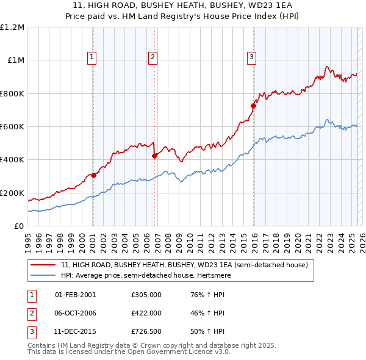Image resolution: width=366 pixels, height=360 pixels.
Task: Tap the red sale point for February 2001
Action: [x=93, y=176]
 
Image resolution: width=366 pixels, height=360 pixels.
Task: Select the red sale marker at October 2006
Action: [x=155, y=156]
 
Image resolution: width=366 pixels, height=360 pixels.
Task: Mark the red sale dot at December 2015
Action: [x=253, y=106]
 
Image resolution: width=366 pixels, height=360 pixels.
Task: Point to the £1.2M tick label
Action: [x=13, y=27]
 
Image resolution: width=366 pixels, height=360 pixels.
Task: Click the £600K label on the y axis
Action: [x=12, y=127]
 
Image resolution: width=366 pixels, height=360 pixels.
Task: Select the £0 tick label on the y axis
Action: [x=19, y=226]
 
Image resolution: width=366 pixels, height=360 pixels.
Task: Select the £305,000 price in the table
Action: [x=146, y=294]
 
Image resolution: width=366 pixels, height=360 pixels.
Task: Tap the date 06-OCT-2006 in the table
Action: [x=75, y=313]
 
